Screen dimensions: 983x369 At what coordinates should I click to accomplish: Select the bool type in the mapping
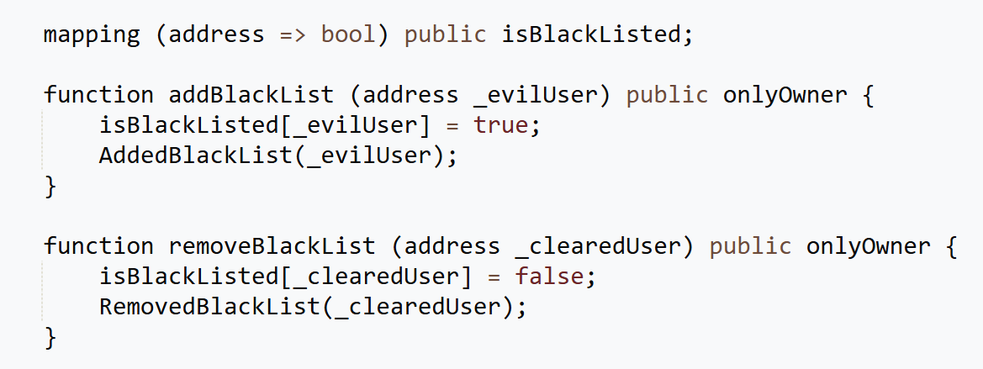(x=348, y=34)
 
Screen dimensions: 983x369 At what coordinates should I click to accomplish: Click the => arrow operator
(x=293, y=35)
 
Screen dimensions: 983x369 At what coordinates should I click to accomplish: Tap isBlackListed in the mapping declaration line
(x=590, y=34)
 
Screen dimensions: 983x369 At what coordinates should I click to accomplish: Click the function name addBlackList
(x=251, y=95)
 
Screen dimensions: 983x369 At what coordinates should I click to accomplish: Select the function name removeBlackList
(x=272, y=245)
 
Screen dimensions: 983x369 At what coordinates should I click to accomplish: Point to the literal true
(x=501, y=125)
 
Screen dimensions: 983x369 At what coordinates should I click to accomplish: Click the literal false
(x=549, y=277)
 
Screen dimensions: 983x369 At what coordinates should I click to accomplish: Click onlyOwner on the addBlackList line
(x=785, y=96)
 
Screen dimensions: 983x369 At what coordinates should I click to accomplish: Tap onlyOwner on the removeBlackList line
(x=868, y=246)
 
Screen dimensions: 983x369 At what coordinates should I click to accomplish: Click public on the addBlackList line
(x=667, y=96)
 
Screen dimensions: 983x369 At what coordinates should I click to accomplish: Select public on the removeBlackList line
(x=750, y=246)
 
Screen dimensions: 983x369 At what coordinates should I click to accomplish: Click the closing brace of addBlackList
(x=50, y=187)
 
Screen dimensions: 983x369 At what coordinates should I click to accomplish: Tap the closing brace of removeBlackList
(x=50, y=338)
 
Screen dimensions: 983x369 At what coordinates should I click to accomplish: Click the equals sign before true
(x=452, y=126)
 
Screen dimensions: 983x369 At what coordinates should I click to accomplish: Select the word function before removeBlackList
(x=98, y=245)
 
